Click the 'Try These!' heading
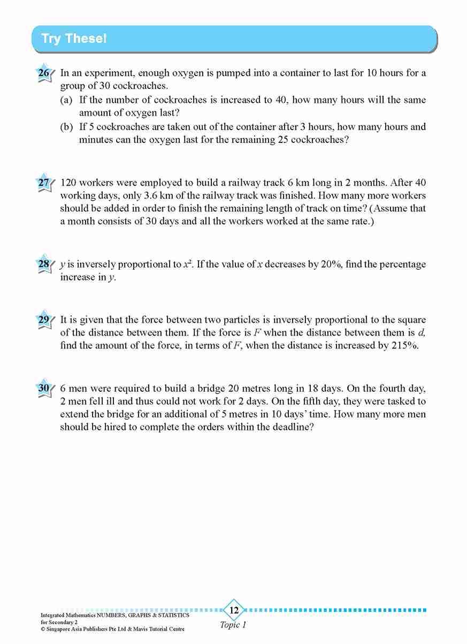click(74, 39)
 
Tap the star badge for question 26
click(44, 73)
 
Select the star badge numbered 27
click(44, 183)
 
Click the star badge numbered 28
click(44, 264)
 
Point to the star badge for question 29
click(44, 320)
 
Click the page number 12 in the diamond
click(234, 610)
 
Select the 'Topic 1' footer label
click(233, 625)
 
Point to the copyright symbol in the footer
click(43, 629)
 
